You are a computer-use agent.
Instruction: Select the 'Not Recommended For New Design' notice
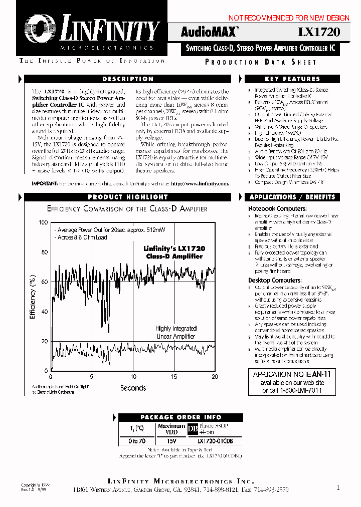[x=289, y=18]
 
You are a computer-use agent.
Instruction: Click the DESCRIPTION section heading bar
[x=128, y=79]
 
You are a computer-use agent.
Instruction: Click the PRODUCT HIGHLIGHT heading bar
[x=128, y=197]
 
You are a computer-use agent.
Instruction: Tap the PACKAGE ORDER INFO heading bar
[x=180, y=417]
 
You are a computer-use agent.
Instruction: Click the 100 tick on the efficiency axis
[x=43, y=222]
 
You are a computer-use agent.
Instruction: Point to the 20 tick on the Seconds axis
[x=215, y=377]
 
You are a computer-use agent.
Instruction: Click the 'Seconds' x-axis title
[x=133, y=388]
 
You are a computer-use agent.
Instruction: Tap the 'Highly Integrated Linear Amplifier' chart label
[x=176, y=332]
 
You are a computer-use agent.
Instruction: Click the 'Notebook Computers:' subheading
[x=274, y=208]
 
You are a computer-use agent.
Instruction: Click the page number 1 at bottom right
[x=338, y=486]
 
